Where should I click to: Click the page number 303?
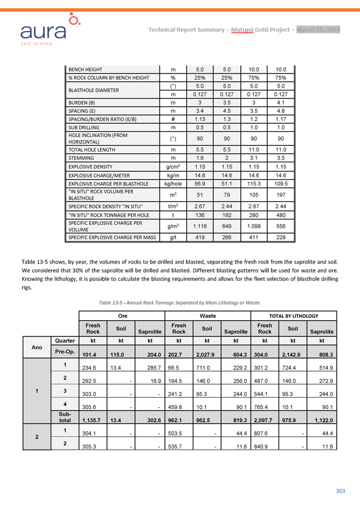pos(340,491)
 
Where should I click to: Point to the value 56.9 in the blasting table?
pos(198,184)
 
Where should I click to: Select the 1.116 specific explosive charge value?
pos(198,226)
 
